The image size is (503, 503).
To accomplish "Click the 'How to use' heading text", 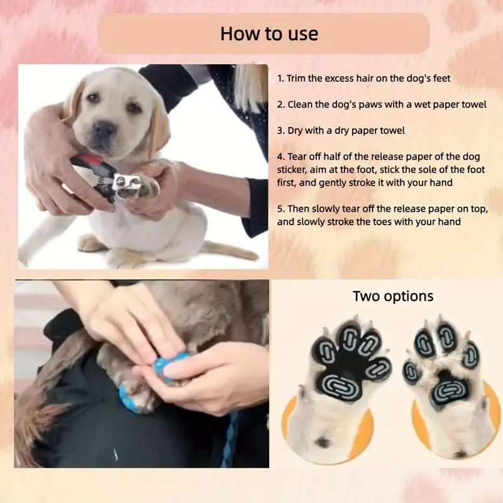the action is (x=269, y=34).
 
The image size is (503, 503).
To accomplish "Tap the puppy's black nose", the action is (x=105, y=128).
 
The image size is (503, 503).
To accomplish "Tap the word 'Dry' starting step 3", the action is (x=295, y=131).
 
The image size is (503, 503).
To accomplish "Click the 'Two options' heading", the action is (x=393, y=296).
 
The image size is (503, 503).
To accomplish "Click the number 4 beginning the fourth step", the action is (x=280, y=157).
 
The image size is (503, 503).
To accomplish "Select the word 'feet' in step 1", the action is (x=442, y=78).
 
